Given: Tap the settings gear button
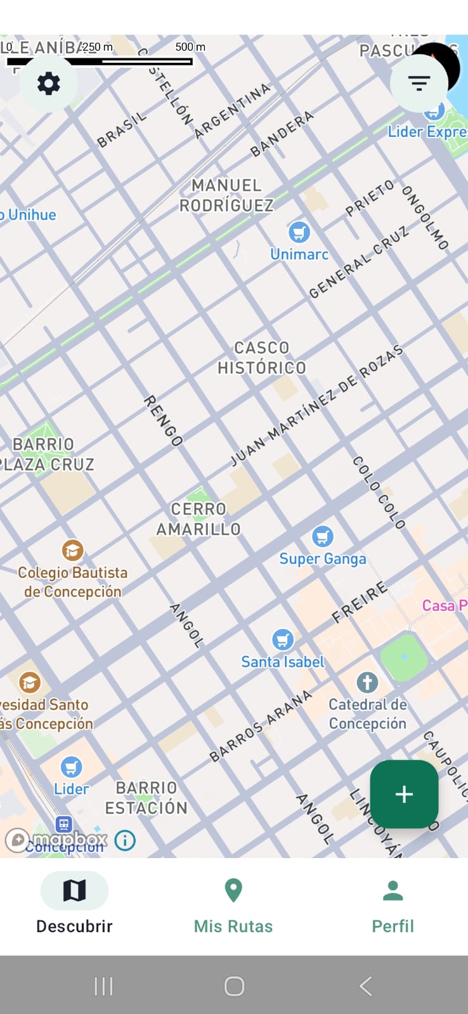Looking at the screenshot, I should point(49,83).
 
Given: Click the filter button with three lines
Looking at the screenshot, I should point(419,83).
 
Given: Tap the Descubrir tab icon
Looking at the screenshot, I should point(74,890).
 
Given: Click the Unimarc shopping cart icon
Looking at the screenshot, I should point(299,232).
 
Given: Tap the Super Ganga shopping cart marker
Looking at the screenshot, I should point(323,537).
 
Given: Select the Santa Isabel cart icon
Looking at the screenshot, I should point(283,639).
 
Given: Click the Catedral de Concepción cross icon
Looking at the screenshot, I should point(367,683).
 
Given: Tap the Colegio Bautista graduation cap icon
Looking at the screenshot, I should point(72,550).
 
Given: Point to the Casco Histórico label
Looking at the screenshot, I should point(261,358).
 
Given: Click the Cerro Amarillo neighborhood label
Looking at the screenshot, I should point(198,519).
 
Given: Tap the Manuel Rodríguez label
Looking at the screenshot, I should point(226,195).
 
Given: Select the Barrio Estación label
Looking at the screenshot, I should point(146,798).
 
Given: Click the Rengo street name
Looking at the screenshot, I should point(164,421).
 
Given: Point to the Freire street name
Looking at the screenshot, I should point(360,602).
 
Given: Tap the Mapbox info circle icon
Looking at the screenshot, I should point(125,841).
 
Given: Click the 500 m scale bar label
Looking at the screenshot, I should point(190,47).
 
